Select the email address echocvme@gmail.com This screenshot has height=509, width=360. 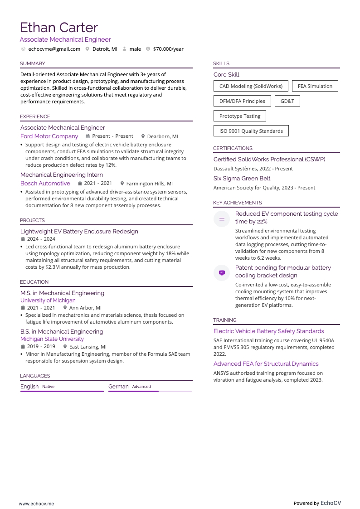[x=54, y=49]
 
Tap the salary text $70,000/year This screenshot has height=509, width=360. [x=168, y=49]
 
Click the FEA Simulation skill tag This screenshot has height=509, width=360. [x=315, y=86]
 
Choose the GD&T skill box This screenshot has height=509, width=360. [x=287, y=101]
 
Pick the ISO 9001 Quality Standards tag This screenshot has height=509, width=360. [x=251, y=131]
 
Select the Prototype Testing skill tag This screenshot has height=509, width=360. [x=240, y=116]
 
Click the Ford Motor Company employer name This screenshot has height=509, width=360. [x=49, y=136]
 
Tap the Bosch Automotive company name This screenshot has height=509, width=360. [x=45, y=184]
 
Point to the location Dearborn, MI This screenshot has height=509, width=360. [x=162, y=136]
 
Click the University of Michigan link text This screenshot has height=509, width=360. [x=48, y=301]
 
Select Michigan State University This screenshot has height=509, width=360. [x=52, y=339]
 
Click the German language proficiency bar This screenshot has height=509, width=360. [x=150, y=391]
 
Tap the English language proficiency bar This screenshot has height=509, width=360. [x=62, y=391]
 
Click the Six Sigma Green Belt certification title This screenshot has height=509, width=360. [x=242, y=179]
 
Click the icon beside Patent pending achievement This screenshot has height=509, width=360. [x=222, y=273]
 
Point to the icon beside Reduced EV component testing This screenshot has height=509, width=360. [x=222, y=219]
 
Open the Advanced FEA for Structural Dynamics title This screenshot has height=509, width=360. [x=266, y=364]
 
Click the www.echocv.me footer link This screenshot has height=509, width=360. [x=36, y=504]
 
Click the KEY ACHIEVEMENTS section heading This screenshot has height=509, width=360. [x=237, y=203]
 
